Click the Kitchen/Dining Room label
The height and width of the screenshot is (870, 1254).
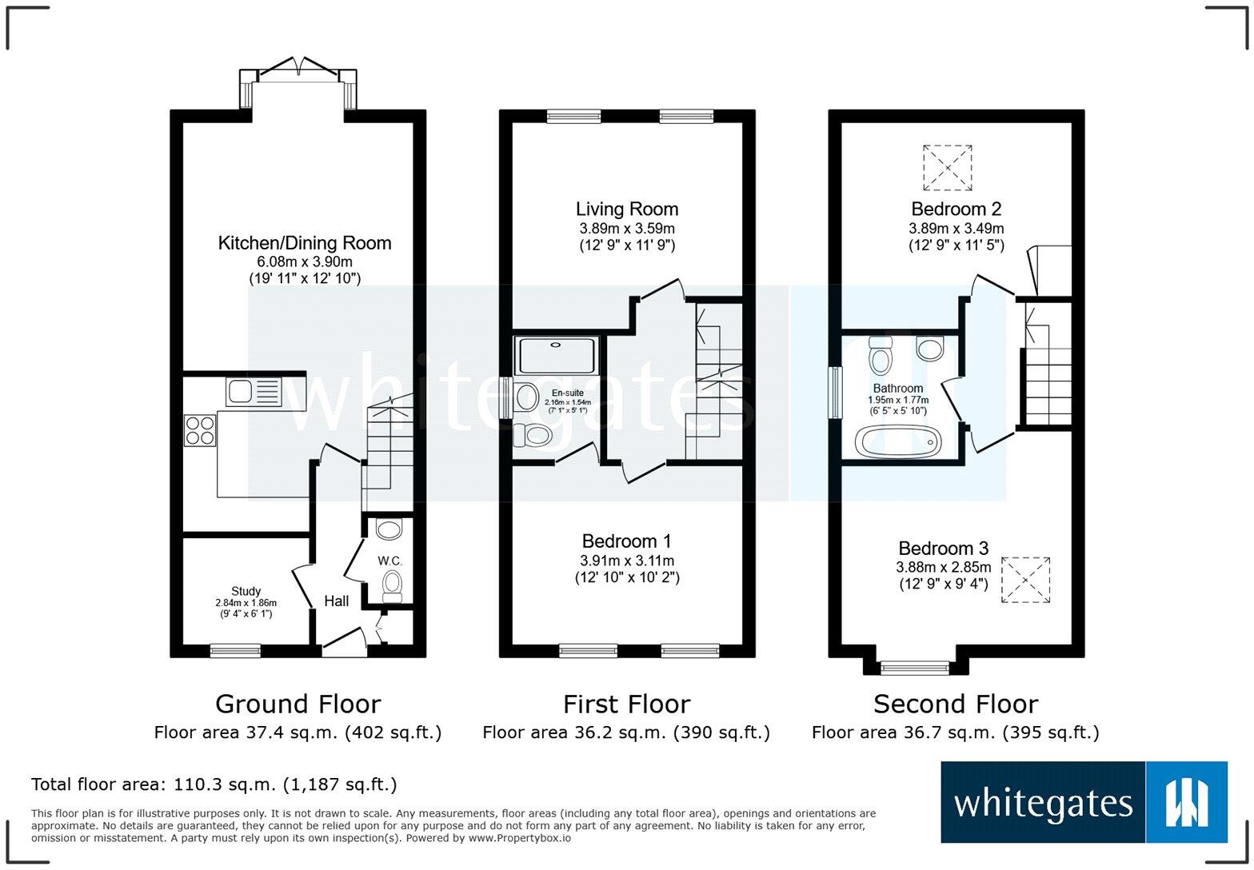click(305, 243)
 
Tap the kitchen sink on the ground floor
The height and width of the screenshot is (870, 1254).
click(254, 392)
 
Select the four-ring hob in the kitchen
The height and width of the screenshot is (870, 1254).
click(200, 430)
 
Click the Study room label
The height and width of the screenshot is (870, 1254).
click(246, 592)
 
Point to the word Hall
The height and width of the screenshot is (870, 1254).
click(336, 601)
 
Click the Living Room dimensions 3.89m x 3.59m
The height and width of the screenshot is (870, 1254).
click(627, 229)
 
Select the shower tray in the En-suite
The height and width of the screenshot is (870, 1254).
click(557, 356)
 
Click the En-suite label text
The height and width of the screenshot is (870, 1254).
click(567, 393)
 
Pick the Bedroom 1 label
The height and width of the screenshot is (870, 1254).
click(627, 541)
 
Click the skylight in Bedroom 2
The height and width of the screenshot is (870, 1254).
click(947, 167)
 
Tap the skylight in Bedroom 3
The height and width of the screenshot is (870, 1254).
click(1025, 580)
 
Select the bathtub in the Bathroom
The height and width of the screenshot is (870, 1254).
click(898, 441)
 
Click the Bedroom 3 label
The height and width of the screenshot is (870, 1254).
click(943, 549)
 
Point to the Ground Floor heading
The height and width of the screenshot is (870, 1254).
click(298, 704)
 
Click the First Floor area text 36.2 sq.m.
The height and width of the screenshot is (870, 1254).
click(626, 732)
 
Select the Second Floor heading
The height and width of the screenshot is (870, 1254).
click(955, 704)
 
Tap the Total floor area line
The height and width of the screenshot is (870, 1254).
click(214, 784)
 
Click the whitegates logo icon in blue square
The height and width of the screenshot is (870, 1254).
click(1187, 802)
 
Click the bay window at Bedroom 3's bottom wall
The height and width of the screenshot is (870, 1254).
click(915, 666)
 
